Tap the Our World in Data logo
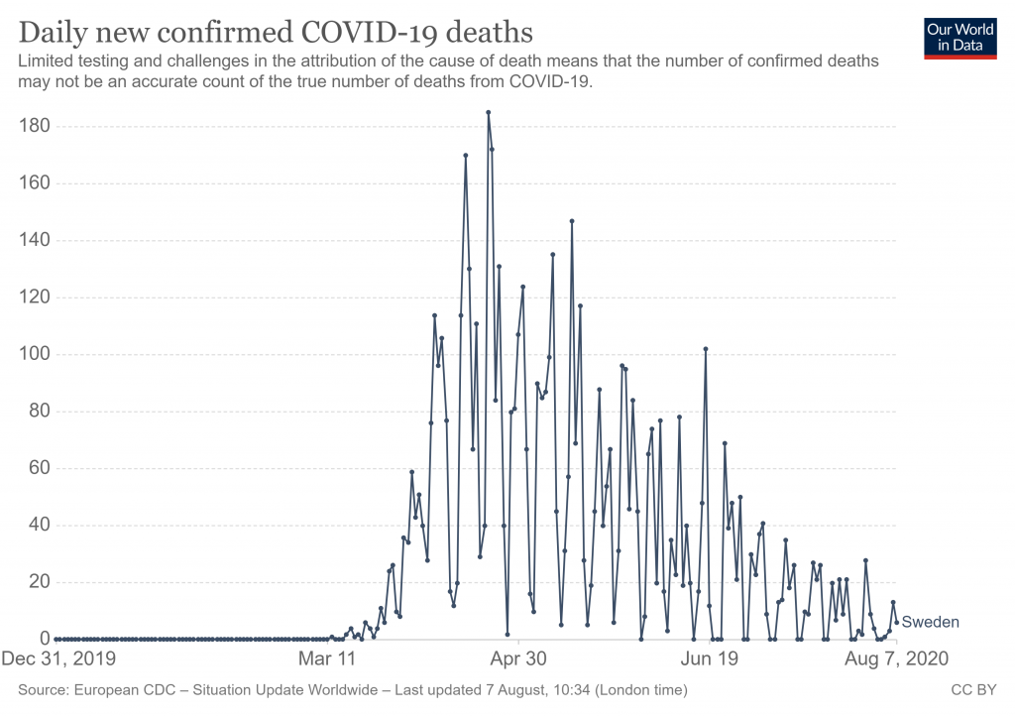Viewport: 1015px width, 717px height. [x=959, y=37]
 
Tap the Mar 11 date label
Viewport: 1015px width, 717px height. [x=327, y=658]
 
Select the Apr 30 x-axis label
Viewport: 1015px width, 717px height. [x=518, y=658]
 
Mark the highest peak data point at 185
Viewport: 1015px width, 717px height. [x=488, y=112]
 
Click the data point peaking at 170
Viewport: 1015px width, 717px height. [x=465, y=155]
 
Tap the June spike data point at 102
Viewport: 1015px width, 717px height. [x=706, y=348]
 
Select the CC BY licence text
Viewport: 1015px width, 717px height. [x=973, y=689]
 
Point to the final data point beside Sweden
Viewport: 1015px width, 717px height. [x=897, y=622]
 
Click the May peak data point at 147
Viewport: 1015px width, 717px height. [x=572, y=220]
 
